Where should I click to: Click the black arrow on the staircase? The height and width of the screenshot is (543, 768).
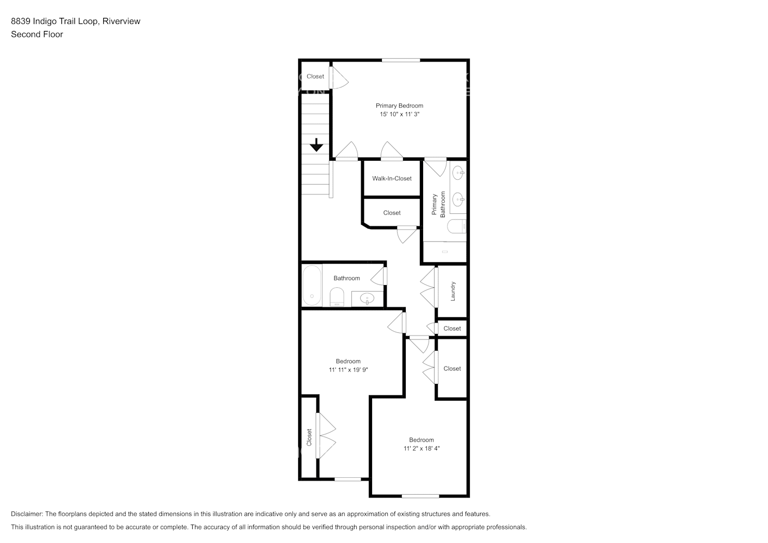point(316,146)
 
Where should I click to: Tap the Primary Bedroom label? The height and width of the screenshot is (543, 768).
point(399,106)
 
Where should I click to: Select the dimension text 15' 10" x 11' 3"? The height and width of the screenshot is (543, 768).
point(399,115)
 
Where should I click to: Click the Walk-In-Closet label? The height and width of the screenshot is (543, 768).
point(392,179)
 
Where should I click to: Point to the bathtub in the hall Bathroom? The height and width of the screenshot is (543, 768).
point(312,285)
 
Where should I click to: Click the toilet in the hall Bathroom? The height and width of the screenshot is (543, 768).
point(337,297)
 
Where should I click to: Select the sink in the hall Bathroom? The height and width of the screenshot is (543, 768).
point(367,299)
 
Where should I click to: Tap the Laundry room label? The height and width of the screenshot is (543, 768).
point(453,291)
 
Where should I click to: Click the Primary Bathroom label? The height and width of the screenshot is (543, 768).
point(438,204)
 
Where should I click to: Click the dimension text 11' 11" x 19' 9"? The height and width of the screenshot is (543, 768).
point(348,370)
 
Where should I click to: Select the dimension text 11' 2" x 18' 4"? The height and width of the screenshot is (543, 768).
point(421,449)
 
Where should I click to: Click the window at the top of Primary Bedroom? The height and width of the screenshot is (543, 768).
point(401,60)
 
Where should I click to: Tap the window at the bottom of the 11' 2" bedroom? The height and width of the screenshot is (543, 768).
point(420,496)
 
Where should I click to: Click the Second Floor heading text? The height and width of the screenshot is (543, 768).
point(37,34)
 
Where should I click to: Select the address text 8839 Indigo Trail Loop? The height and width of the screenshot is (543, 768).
point(54,21)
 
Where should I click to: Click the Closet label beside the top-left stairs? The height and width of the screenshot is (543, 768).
point(315,77)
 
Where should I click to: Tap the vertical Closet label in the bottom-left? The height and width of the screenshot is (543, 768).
point(309,438)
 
